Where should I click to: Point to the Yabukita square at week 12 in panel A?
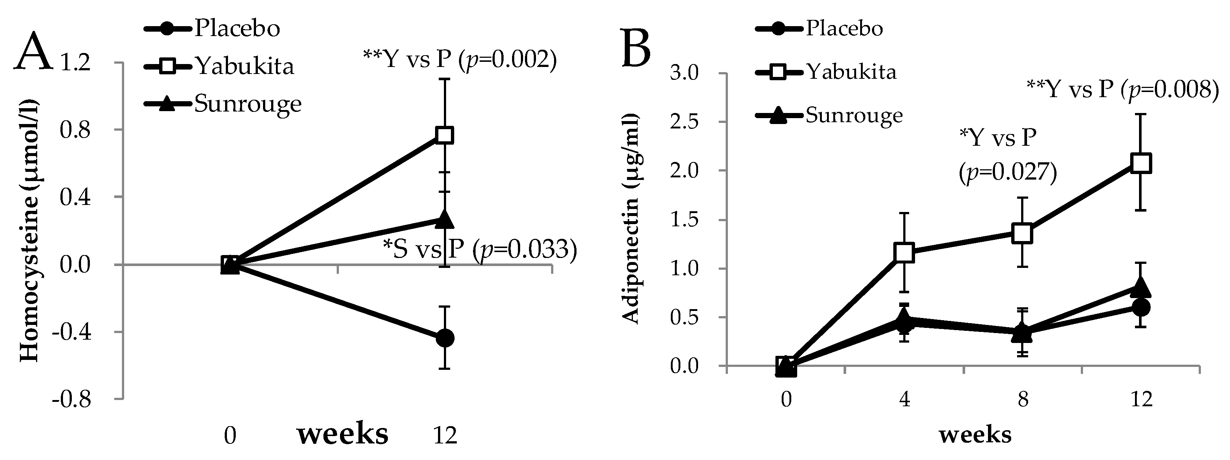(445, 135)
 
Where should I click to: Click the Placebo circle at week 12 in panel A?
(445, 338)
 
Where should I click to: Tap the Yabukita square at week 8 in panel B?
(1022, 233)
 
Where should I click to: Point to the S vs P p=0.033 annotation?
(479, 250)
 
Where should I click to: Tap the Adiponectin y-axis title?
(631, 219)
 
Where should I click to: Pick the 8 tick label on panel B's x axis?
(1022, 399)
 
